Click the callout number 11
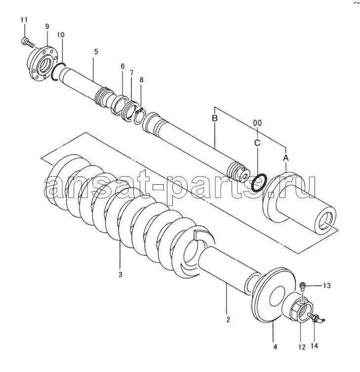[24, 20]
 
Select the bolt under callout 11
[28, 42]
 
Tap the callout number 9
[47, 26]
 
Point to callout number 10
[60, 35]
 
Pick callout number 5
[96, 51]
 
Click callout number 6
[122, 66]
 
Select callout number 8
[142, 80]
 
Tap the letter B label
[215, 118]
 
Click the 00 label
[257, 123]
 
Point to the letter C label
[257, 143]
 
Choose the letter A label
[286, 158]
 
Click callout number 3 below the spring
[120, 275]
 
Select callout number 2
[228, 320]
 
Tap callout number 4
[275, 347]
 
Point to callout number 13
[326, 286]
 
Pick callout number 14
[314, 346]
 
